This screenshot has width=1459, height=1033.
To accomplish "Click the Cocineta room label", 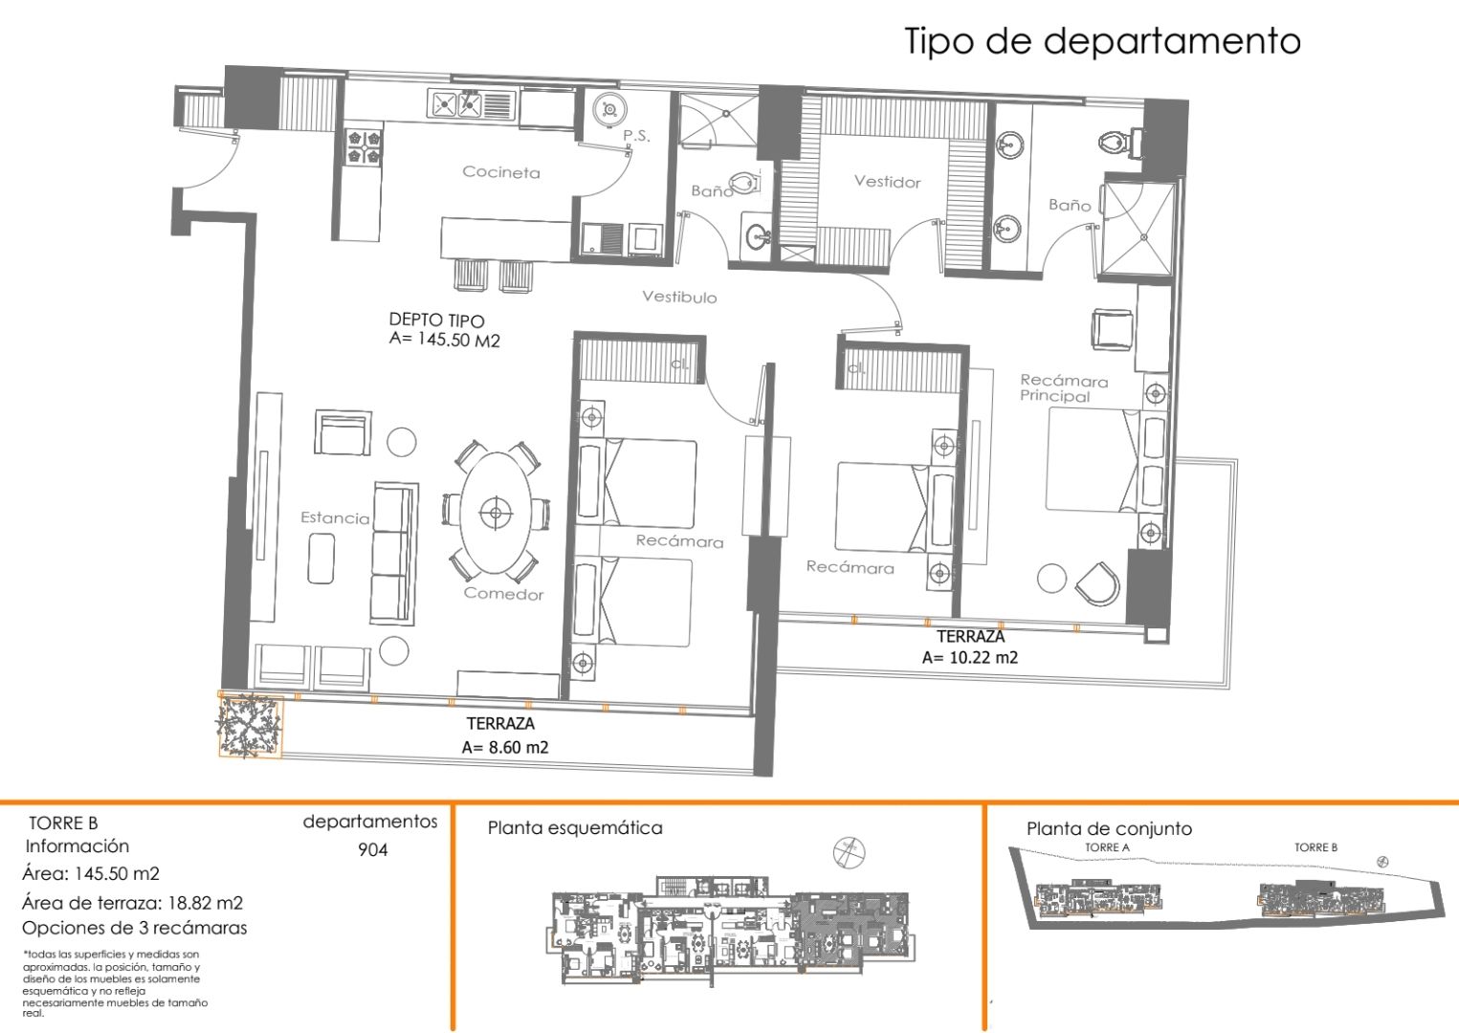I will coord(500,172).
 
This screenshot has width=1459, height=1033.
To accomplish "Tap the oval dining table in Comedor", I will coord(495,514).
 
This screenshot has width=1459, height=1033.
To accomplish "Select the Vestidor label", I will coord(887,182).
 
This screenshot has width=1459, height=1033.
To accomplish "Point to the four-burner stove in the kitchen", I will coord(363,145).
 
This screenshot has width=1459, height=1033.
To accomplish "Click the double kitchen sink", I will coord(456,103).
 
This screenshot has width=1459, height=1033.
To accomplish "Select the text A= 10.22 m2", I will coord(969,658).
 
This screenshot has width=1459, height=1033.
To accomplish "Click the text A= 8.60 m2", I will coord(504,748).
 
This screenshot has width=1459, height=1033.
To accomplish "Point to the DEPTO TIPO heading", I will coord(436,320).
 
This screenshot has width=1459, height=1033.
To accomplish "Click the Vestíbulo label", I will coord(678,297).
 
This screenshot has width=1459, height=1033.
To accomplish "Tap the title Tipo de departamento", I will coord(1102,41).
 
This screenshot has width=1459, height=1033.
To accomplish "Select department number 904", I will coord(372,850).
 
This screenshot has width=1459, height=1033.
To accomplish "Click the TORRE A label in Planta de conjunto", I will coord(1107,847).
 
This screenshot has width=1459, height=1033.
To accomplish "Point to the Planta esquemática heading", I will coord(574,828).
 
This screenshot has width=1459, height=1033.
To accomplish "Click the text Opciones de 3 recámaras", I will coord(134,928).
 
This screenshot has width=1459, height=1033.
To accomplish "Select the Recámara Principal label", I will coord(1063,388).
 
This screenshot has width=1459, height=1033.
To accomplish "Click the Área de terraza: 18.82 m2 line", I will coord(132,902).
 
